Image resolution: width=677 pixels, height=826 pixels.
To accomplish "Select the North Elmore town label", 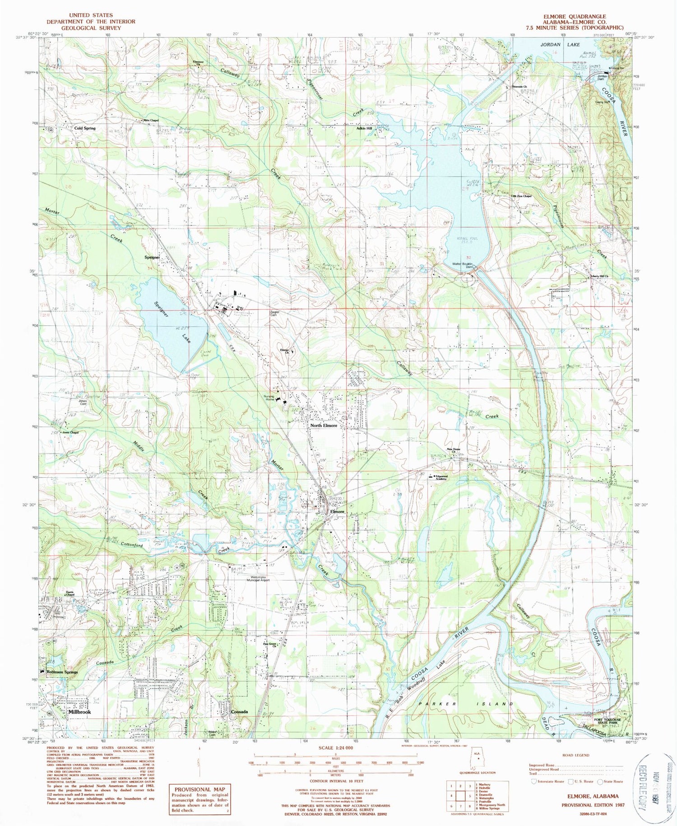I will coord(323,426).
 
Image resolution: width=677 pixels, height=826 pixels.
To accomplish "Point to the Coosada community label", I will coord(239,712).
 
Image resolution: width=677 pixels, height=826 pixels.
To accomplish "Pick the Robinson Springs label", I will coord(62,672).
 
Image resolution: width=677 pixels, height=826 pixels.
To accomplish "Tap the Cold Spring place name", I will coord(85,128).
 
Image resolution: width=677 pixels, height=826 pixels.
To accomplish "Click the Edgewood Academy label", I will coord(441,477).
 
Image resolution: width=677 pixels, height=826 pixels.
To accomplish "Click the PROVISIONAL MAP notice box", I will coord(199,799).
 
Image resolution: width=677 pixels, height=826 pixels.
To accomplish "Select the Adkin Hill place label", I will coord(364,128).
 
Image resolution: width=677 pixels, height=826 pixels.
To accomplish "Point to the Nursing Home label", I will coord(269,398).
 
